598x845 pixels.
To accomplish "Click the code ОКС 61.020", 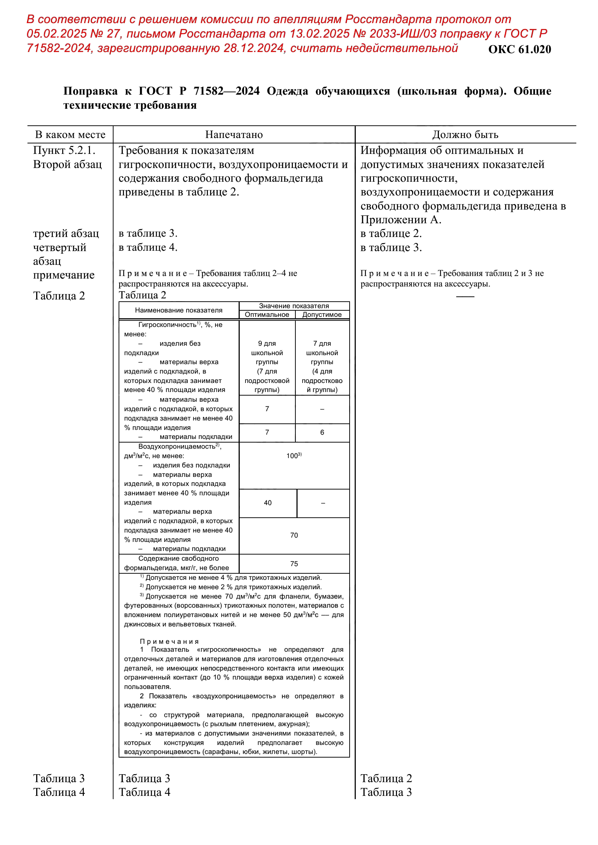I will [519, 49].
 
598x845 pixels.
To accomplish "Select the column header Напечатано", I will [234, 135].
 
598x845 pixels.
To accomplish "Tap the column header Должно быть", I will [465, 135].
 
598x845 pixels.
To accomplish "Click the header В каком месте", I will [70, 135].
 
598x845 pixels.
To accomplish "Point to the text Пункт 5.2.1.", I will [64, 151].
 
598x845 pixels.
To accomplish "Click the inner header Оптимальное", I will [267, 315].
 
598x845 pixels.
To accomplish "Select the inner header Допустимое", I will [322, 315].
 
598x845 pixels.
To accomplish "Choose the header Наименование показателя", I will [179, 310].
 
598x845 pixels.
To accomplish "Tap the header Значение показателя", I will [294, 306].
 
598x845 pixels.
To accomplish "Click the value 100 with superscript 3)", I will [294, 456].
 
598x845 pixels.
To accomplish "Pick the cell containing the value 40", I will [268, 503].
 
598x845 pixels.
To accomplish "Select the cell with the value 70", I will [294, 535].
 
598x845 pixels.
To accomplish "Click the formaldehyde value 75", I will [294, 564].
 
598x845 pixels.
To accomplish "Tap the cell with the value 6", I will [322, 432].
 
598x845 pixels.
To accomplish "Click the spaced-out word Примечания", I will [169, 642].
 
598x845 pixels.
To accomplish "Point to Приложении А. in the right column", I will [401, 220].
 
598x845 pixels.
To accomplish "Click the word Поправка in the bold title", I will [90, 91].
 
